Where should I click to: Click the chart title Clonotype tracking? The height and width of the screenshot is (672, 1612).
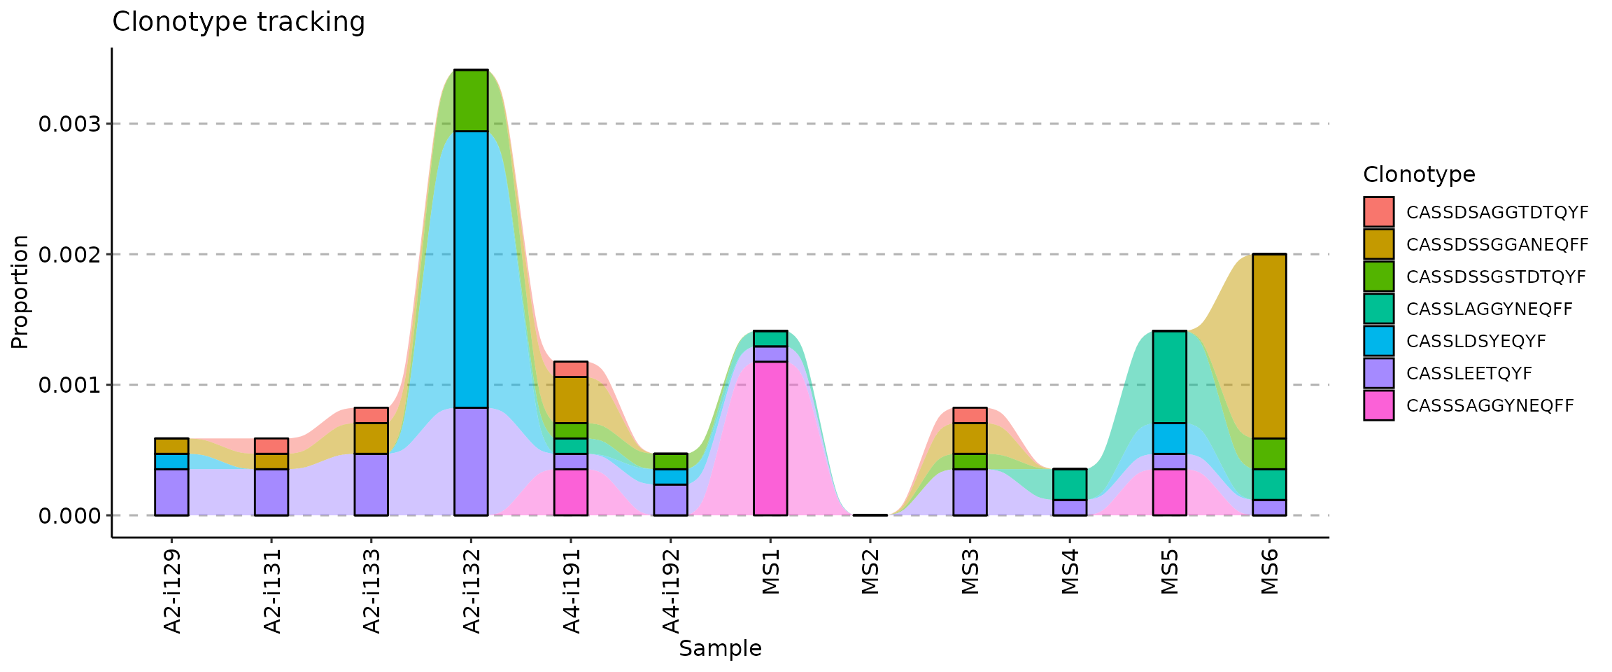coord(238,22)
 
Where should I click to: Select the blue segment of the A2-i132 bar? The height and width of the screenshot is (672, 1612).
coord(471,269)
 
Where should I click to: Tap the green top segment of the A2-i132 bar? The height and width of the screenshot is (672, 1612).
coord(471,101)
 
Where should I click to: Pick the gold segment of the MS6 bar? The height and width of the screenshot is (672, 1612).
coord(1269,346)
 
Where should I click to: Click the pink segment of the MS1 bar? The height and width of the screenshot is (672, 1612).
coord(770,438)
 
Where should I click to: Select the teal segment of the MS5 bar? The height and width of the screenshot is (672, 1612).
coord(1169,377)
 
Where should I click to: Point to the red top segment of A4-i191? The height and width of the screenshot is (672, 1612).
coord(571,369)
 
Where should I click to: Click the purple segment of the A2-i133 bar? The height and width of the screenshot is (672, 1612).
coord(372,484)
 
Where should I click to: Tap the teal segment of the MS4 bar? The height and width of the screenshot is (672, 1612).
coord(1070,484)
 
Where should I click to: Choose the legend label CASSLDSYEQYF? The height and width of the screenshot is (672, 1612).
coord(1476,342)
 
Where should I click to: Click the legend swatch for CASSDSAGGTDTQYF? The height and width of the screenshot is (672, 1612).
coord(1378,212)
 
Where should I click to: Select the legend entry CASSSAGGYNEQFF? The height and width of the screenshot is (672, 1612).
coord(1490,406)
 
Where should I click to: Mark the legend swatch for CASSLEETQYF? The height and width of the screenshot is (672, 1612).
coord(1378,373)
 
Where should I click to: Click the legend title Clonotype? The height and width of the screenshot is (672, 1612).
coord(1419,174)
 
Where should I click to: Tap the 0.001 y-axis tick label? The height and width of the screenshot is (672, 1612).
coord(70,385)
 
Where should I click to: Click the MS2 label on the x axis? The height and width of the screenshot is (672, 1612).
coord(870,573)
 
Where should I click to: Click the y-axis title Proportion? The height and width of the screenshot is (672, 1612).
coord(20,292)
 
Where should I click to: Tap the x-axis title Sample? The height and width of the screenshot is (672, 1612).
coord(720,649)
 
